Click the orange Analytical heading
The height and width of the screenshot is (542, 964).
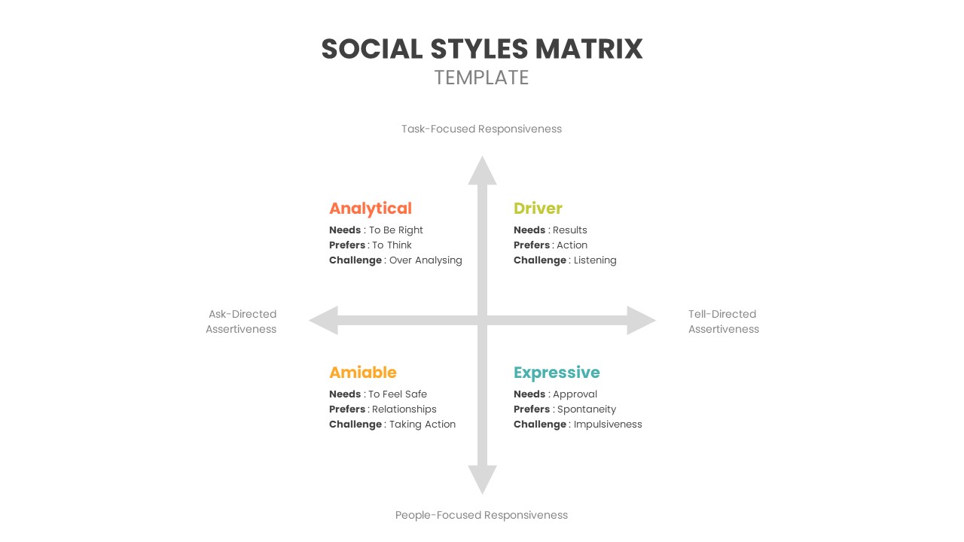click(x=371, y=209)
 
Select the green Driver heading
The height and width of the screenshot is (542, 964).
click(x=538, y=209)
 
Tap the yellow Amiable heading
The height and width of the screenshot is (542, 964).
click(x=362, y=373)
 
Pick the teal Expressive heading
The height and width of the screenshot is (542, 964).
click(x=557, y=373)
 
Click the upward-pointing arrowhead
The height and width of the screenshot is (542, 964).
click(x=482, y=172)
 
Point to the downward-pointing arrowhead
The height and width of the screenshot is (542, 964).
click(x=482, y=479)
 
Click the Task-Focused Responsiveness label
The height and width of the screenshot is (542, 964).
click(x=481, y=129)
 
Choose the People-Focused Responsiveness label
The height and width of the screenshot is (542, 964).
click(x=481, y=515)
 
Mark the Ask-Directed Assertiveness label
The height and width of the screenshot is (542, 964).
click(x=242, y=321)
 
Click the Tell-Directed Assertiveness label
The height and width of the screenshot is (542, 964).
click(x=723, y=321)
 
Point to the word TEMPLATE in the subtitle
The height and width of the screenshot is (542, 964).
click(x=481, y=78)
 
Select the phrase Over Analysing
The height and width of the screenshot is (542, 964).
click(x=426, y=260)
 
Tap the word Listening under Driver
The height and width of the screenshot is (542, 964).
click(x=595, y=260)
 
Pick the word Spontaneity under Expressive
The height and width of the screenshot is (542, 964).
click(x=586, y=410)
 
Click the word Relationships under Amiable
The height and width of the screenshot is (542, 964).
click(x=404, y=410)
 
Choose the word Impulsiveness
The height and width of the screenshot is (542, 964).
click(x=608, y=425)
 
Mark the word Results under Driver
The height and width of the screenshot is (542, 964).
click(x=570, y=230)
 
